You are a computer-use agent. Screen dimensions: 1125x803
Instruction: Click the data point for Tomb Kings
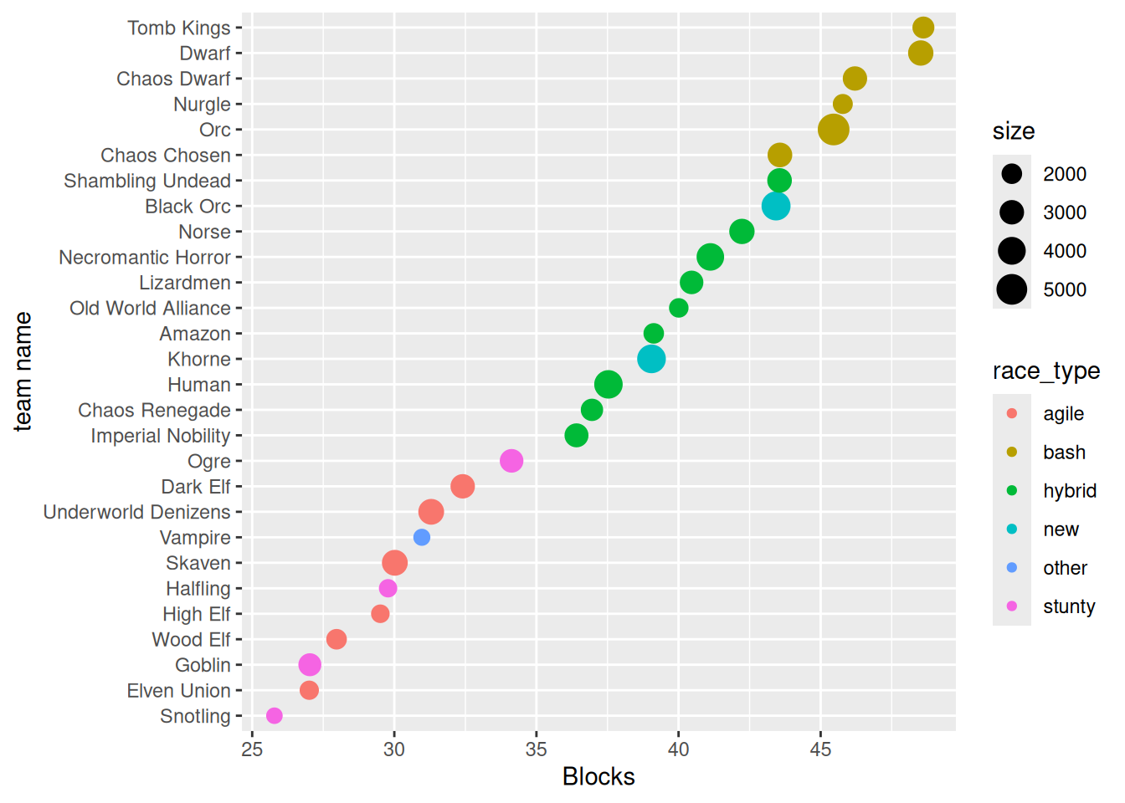click(923, 28)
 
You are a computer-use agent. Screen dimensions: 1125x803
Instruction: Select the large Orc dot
click(833, 130)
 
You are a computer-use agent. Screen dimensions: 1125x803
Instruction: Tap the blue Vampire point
click(421, 537)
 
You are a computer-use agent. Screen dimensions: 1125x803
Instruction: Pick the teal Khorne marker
click(651, 359)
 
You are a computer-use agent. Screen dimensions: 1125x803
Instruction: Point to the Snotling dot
click(274, 715)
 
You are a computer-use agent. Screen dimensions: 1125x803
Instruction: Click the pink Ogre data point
click(511, 461)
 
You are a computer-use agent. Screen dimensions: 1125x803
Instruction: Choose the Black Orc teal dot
click(775, 206)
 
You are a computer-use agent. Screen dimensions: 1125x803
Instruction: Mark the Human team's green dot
click(609, 385)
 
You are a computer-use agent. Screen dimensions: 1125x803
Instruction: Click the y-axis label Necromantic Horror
click(145, 257)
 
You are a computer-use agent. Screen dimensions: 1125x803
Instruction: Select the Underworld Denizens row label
click(136, 512)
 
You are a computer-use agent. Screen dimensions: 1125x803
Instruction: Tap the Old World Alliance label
click(150, 308)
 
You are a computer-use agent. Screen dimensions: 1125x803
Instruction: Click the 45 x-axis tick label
click(820, 749)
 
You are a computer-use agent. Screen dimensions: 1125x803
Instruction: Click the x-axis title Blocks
click(598, 776)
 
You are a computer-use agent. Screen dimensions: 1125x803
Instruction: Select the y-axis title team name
click(23, 371)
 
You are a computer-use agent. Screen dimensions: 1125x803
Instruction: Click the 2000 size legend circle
click(1011, 174)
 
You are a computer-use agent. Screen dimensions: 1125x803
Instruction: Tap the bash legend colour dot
click(1011, 452)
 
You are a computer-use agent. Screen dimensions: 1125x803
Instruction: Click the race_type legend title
click(1046, 371)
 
